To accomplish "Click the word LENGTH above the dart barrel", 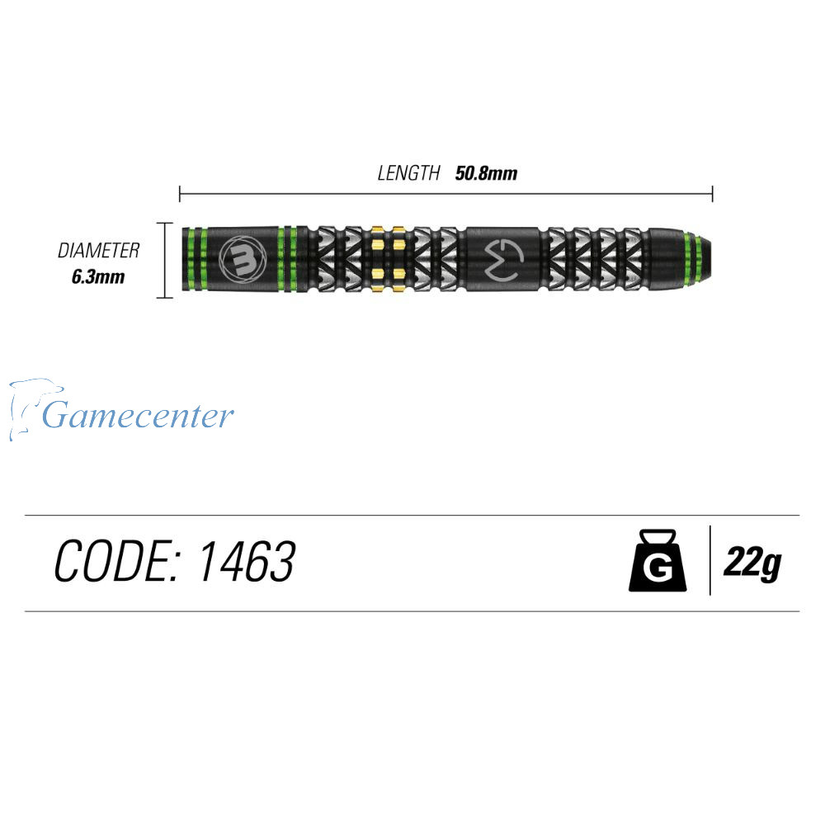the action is pos(408,173).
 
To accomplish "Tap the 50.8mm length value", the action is pos(486,173).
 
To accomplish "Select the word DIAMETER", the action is pos(98,251).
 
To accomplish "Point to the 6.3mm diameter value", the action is pos(98,276).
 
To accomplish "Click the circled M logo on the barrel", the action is pos(243,258).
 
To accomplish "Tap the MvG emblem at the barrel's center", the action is pos(503,259).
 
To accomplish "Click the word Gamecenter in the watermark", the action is pos(138,416).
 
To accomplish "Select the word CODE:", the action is pos(117,561).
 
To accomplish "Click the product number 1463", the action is pos(247,561).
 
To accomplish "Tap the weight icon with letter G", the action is pos(658,560).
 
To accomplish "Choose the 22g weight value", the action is pos(752,563).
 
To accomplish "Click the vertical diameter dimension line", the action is pos(165,261).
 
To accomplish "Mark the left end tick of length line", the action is pos(180,194).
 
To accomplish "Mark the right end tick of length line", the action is pos(713,194).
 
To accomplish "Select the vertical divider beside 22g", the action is pos(710,560).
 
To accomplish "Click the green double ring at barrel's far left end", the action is pos(196,259).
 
